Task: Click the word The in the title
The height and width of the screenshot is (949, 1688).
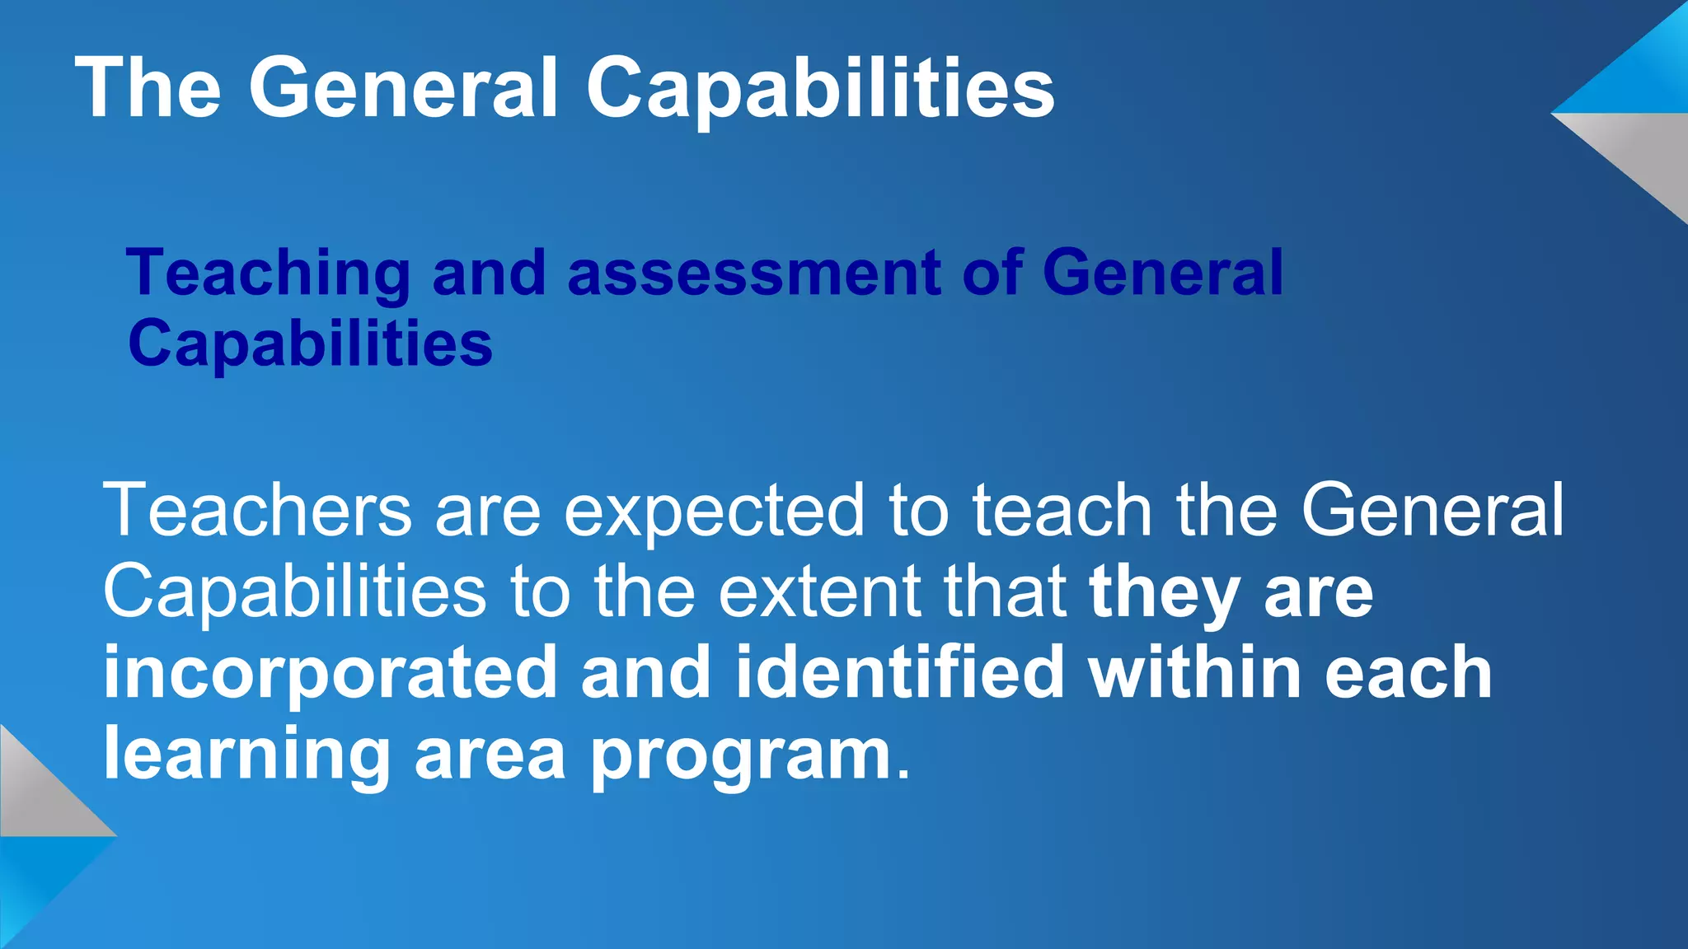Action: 148,88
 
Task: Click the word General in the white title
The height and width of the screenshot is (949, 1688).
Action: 404,88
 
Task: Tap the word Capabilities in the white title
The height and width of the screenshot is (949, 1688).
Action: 820,88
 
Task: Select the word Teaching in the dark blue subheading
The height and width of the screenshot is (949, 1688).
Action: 269,273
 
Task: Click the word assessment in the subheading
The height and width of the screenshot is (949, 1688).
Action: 754,273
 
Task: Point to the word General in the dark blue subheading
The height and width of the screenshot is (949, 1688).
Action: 1162,273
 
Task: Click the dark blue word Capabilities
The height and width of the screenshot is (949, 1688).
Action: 311,344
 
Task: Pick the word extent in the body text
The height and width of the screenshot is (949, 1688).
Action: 820,591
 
